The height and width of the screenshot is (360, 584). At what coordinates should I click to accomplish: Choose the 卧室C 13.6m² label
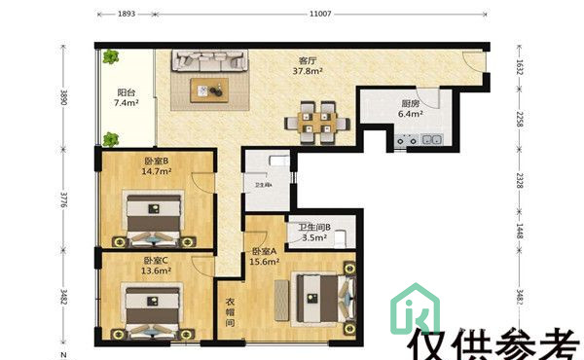tap(157, 266)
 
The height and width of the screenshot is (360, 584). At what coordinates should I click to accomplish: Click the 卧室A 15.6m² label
tap(264, 255)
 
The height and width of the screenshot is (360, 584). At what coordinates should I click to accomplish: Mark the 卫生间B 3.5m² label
tap(314, 233)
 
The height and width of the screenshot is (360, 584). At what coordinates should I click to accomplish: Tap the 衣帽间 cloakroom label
tap(232, 312)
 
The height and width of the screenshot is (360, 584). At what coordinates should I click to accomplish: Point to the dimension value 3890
tap(65, 97)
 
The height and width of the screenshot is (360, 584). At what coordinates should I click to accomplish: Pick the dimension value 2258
tap(519, 119)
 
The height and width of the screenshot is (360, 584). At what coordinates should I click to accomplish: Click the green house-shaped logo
tap(415, 309)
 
